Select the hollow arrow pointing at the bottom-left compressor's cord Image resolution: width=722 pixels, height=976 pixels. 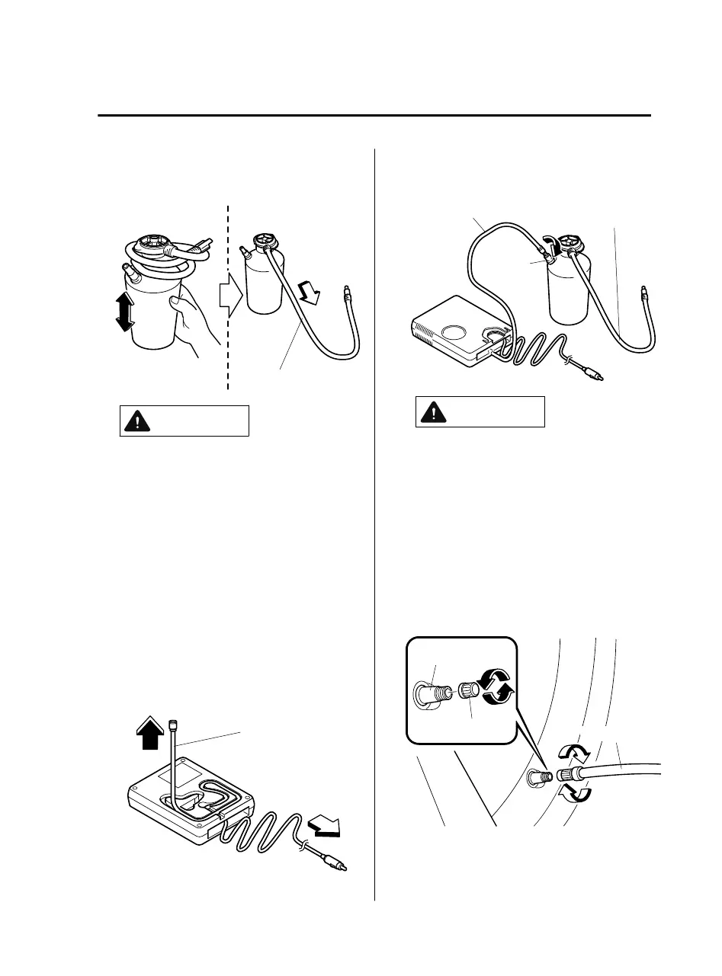[x=323, y=827]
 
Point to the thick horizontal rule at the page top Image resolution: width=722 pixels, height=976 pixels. [x=374, y=116]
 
